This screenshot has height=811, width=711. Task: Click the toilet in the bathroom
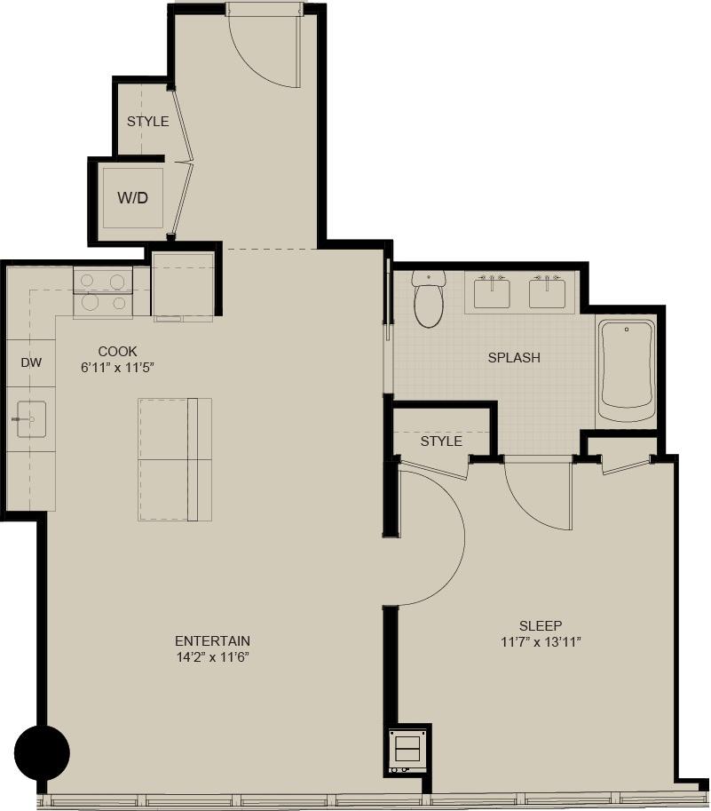(x=428, y=300)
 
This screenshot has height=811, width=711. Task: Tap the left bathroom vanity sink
(x=491, y=292)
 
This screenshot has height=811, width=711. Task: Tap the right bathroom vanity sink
(x=548, y=292)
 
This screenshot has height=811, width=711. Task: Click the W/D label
(x=133, y=197)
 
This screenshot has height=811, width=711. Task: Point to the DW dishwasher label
(x=31, y=362)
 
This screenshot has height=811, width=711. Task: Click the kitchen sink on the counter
(x=31, y=418)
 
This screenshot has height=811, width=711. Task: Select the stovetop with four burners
(x=102, y=293)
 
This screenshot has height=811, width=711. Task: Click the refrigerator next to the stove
(x=183, y=285)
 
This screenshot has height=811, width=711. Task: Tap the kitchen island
(x=175, y=459)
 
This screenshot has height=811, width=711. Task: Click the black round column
(x=43, y=753)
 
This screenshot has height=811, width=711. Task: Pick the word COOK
(x=117, y=352)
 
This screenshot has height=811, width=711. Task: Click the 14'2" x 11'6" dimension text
(x=212, y=657)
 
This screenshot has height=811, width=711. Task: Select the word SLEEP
(x=541, y=625)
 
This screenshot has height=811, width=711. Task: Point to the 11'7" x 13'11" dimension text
(x=541, y=642)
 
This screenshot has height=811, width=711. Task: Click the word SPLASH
(x=514, y=358)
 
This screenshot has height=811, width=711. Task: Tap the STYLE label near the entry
(x=147, y=122)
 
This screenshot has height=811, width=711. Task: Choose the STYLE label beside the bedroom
(x=441, y=441)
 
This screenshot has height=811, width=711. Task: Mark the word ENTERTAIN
(x=212, y=640)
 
